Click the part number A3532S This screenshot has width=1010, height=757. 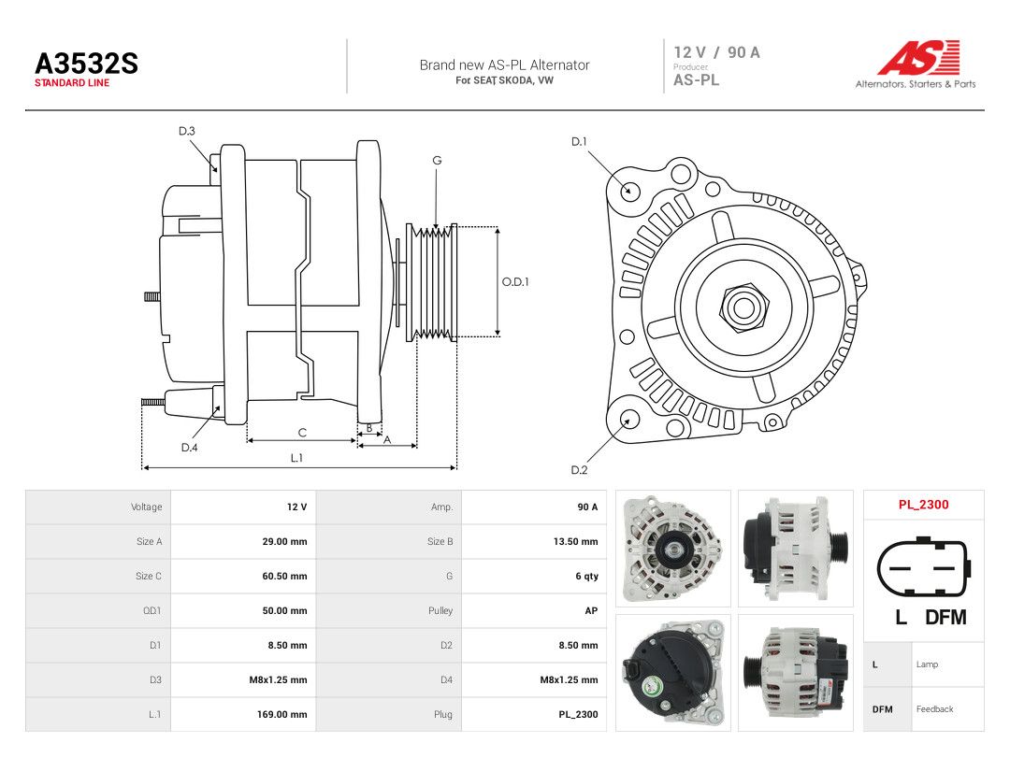[x=86, y=64]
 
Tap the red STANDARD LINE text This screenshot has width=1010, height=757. [x=72, y=83]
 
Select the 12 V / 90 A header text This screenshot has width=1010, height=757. [x=717, y=52]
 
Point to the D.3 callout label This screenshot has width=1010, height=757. [x=187, y=132]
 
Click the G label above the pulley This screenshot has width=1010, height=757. [x=437, y=161]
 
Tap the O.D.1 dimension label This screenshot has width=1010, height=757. [x=515, y=282]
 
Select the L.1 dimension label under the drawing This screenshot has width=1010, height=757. [x=296, y=458]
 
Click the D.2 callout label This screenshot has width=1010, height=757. [x=579, y=470]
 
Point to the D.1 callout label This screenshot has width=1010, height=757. [x=579, y=142]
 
